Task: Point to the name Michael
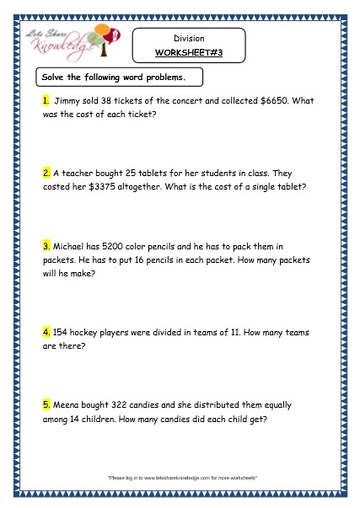pos(71,247)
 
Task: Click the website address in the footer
pos(179,478)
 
